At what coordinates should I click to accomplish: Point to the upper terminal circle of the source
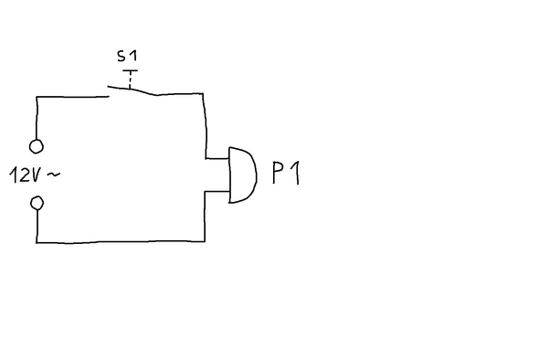tap(37, 145)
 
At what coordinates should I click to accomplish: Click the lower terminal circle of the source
tap(37, 203)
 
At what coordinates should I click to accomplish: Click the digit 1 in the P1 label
tap(296, 173)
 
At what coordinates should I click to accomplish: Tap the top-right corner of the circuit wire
tap(204, 93)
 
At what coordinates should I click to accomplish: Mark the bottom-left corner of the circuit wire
tap(38, 241)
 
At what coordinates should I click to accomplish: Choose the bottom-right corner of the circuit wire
tap(205, 240)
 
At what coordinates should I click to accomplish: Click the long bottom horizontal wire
tap(119, 242)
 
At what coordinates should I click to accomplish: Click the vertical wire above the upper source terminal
tap(37, 117)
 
